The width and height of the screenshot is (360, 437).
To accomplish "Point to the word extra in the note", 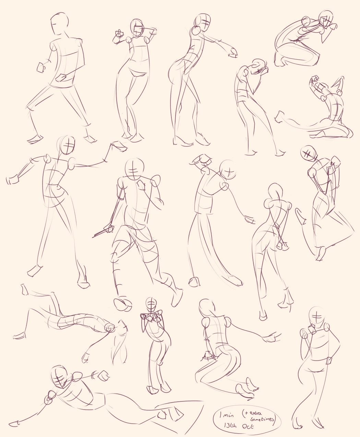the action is click(x=254, y=405).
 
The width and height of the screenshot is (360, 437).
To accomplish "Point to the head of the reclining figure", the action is click(x=59, y=377).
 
